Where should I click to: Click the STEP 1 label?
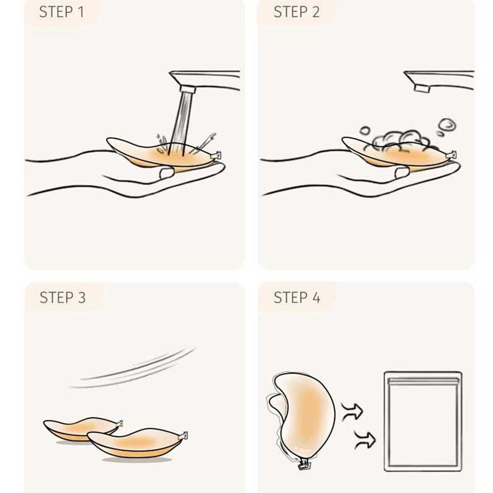point(61,12)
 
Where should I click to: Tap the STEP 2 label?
point(296,12)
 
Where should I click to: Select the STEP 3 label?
point(62,297)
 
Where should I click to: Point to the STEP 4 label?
point(297,297)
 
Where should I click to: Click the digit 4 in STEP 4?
point(316,297)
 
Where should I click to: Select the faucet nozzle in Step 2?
point(422,88)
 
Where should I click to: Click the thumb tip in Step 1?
point(167,173)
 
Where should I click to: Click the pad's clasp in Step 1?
point(216,156)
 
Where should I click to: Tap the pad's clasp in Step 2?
point(451,155)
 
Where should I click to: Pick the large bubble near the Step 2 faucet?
point(448,125)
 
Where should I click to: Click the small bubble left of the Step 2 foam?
point(365,130)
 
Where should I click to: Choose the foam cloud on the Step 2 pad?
point(398,141)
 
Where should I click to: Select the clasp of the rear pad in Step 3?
point(119,423)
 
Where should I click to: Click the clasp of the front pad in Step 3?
point(183,436)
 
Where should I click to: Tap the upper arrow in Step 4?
point(352,411)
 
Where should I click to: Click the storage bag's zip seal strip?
point(422,381)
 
